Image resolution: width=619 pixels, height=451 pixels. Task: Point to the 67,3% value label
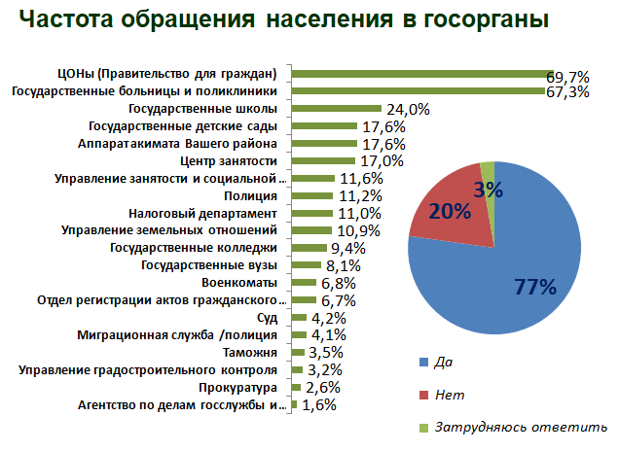coord(571,92)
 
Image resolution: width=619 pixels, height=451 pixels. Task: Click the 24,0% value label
coord(409,109)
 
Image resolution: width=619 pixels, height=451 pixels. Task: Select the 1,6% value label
coord(320,405)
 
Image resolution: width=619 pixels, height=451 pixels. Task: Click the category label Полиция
coord(257,195)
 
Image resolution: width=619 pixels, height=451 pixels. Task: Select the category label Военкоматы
coord(247,283)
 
